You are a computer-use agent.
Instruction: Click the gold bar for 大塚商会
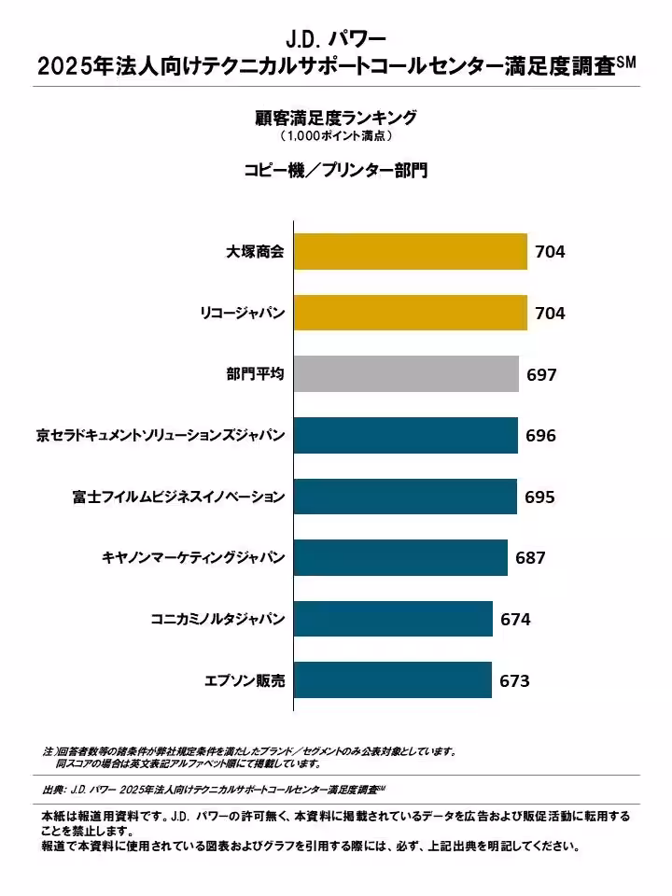click(411, 251)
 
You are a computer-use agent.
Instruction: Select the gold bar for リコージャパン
click(411, 313)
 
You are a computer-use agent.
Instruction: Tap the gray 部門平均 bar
click(406, 374)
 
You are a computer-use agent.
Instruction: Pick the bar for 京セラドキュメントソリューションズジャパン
click(406, 435)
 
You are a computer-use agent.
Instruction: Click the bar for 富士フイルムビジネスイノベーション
click(405, 497)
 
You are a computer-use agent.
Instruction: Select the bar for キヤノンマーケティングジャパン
click(400, 558)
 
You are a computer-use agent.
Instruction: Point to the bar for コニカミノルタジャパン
click(393, 619)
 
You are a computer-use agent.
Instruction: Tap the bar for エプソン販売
click(393, 680)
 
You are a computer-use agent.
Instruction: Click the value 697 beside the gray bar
click(541, 375)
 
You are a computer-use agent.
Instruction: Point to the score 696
click(540, 436)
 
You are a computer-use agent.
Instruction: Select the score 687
click(530, 558)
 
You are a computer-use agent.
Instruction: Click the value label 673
click(514, 681)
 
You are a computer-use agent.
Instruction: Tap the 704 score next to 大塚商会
click(550, 252)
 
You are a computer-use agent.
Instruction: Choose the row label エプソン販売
click(245, 680)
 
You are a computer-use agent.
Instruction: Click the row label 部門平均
click(255, 374)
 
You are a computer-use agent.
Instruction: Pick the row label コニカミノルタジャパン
click(217, 619)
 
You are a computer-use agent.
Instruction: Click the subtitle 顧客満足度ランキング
click(336, 118)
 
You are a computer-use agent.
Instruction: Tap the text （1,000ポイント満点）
click(336, 136)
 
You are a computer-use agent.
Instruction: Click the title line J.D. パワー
click(336, 39)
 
